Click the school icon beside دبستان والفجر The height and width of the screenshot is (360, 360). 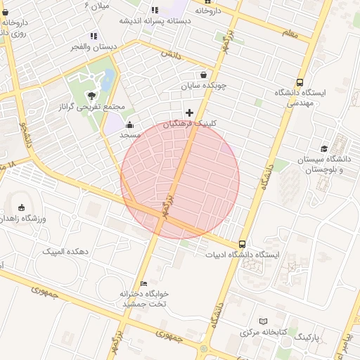[x=94, y=36]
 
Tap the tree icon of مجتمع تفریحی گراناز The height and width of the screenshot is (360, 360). [x=91, y=95]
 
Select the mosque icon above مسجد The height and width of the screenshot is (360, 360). [x=129, y=124]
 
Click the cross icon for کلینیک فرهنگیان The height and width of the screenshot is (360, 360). [x=189, y=112]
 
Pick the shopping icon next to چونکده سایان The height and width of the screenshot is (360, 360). [x=204, y=75]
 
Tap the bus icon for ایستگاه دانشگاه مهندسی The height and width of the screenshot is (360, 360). [x=301, y=82]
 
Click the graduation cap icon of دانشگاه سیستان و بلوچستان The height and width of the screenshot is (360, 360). [x=324, y=148]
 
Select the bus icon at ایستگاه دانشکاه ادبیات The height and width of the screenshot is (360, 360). [x=243, y=243]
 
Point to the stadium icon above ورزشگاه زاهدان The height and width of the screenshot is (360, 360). [x=21, y=207]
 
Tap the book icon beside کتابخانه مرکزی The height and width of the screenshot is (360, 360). [x=264, y=321]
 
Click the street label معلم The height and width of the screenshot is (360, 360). [x=288, y=32]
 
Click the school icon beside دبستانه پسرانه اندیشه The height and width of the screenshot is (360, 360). [x=155, y=10]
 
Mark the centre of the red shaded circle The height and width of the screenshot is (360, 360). [x=180, y=179]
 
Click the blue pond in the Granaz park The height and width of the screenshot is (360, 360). [x=108, y=81]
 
